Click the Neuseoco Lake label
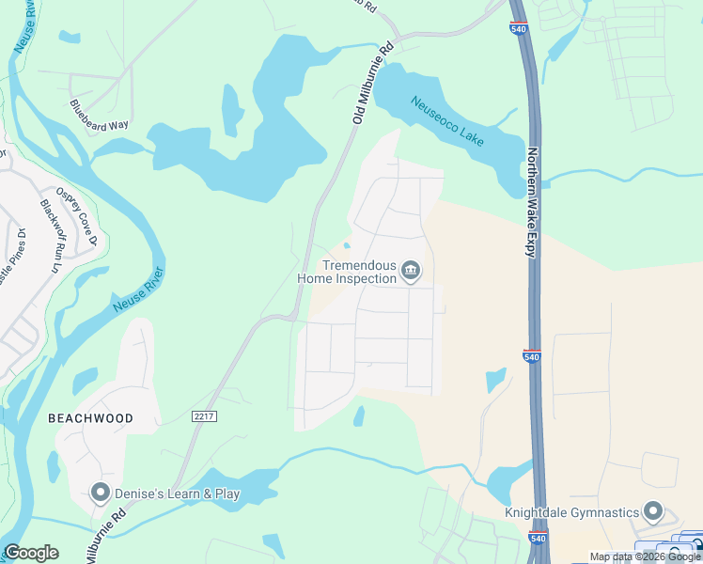click(x=447, y=120)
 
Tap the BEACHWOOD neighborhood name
click(x=91, y=417)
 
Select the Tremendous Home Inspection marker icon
click(x=411, y=272)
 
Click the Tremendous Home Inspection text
click(x=347, y=272)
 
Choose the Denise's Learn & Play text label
click(x=177, y=493)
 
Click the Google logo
click(x=31, y=553)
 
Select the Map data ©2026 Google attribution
click(x=645, y=556)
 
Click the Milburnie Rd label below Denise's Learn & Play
click(x=106, y=537)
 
